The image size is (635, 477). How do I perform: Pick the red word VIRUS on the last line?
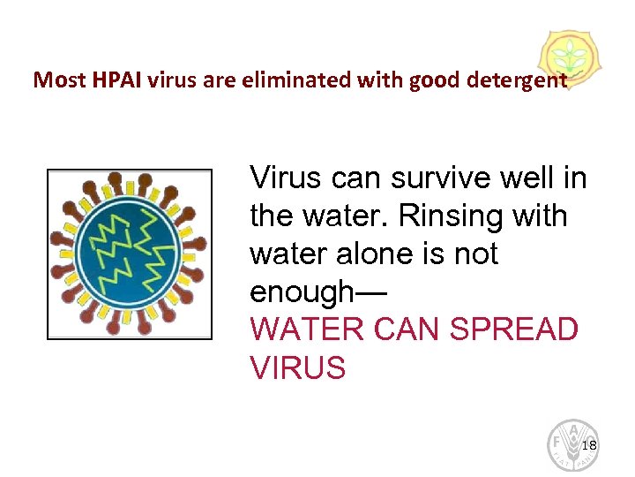pyautogui.click(x=298, y=368)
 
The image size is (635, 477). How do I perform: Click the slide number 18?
pyautogui.click(x=590, y=444)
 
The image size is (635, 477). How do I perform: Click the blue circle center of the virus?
pyautogui.click(x=129, y=254)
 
